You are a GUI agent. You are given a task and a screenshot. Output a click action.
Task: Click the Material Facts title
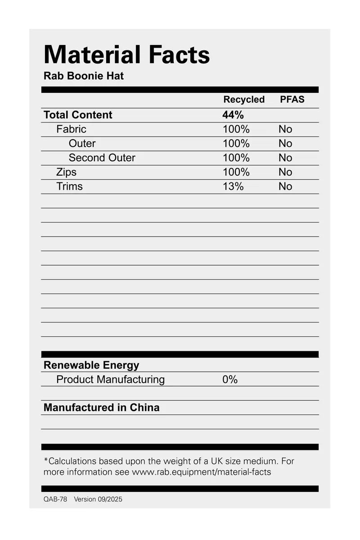click(x=126, y=55)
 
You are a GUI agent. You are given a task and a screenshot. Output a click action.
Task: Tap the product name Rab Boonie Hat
click(x=83, y=76)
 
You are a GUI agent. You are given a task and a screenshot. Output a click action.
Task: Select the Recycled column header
click(x=244, y=100)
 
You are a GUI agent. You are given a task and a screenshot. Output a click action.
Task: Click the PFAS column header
click(x=292, y=100)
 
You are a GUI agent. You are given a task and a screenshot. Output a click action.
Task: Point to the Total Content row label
click(x=78, y=115)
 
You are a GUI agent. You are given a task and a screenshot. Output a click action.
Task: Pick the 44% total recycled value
click(x=233, y=115)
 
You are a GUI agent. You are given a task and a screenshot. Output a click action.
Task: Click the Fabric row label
click(x=71, y=129)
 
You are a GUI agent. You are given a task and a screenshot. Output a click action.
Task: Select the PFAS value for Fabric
click(x=285, y=129)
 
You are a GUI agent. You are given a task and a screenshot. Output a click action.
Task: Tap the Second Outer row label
click(x=102, y=158)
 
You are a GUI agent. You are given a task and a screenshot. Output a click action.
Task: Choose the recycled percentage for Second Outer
click(x=236, y=158)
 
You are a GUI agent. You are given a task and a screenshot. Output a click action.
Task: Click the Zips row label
click(x=66, y=172)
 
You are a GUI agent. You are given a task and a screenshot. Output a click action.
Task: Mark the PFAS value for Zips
click(x=285, y=172)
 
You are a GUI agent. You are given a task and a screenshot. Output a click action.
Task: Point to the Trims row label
click(x=69, y=186)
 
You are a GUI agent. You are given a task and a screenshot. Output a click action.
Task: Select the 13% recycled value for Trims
click(x=233, y=186)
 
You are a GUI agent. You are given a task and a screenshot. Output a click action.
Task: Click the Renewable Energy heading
click(x=91, y=365)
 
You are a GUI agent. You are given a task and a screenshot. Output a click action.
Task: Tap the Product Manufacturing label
click(x=110, y=380)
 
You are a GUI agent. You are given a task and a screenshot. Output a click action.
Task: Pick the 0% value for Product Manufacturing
click(x=229, y=380)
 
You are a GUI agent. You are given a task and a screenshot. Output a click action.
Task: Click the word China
click(x=144, y=408)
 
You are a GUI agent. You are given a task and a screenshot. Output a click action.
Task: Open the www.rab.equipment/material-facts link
click(x=201, y=472)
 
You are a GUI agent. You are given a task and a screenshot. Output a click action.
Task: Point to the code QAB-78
click(x=55, y=499)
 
